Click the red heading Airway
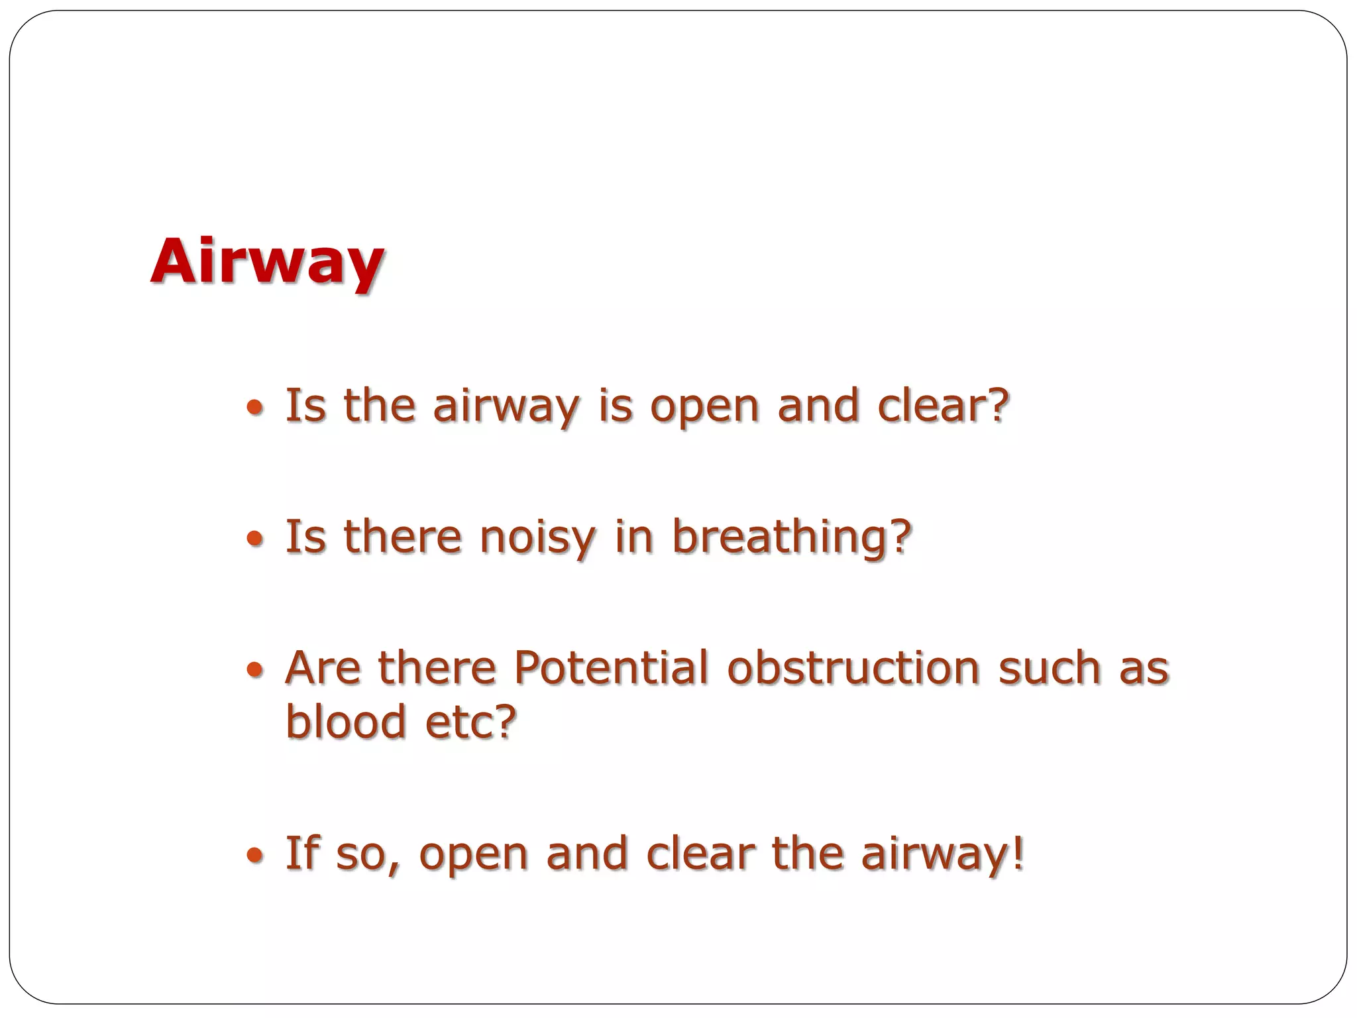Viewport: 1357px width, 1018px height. pyautogui.click(x=266, y=262)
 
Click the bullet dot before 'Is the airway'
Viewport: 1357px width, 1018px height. pyautogui.click(x=254, y=408)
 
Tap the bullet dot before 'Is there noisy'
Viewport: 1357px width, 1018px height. pyautogui.click(x=254, y=539)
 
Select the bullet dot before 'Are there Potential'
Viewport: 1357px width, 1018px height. pyautogui.click(x=254, y=671)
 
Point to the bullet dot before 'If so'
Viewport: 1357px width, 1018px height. pyautogui.click(x=254, y=856)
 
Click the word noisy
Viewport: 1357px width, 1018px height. pyautogui.click(x=537, y=537)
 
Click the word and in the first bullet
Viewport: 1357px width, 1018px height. pyautogui.click(x=818, y=405)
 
